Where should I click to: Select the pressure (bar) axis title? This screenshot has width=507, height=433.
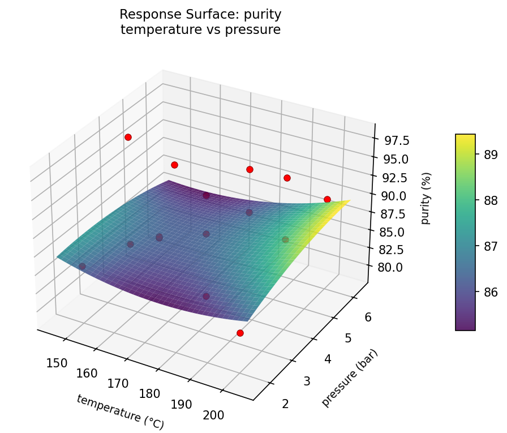click(x=349, y=378)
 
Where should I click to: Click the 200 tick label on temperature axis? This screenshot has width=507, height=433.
click(x=213, y=415)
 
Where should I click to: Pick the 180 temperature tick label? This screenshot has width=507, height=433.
click(x=149, y=394)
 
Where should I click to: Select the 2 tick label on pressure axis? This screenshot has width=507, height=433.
click(x=285, y=404)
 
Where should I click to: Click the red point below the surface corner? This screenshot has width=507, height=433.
click(x=240, y=333)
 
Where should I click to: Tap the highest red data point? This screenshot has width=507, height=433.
click(x=128, y=137)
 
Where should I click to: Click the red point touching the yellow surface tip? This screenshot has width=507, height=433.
click(x=327, y=199)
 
